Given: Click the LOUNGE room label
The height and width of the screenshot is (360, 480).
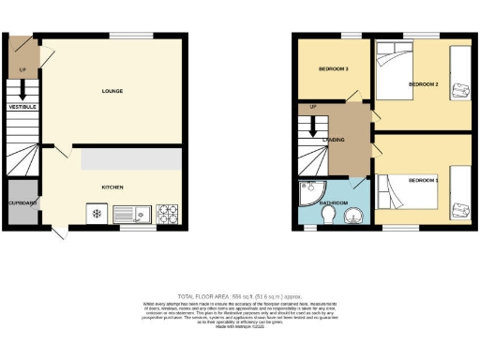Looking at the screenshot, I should pyautogui.click(x=112, y=91).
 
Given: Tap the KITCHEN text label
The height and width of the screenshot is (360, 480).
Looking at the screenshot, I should pyautogui.click(x=112, y=187).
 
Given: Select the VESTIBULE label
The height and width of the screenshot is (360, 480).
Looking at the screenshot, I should pyautogui.click(x=22, y=108).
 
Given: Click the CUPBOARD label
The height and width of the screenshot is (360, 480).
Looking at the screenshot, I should pyautogui.click(x=22, y=202).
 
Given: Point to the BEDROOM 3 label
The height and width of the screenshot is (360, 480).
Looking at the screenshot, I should pyautogui.click(x=333, y=69).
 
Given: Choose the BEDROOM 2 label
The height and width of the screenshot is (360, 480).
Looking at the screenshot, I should pyautogui.click(x=424, y=84).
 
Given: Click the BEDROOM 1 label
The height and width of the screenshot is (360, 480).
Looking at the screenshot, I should pyautogui.click(x=423, y=178).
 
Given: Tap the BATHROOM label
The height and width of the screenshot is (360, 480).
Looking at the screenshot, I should pyautogui.click(x=334, y=202).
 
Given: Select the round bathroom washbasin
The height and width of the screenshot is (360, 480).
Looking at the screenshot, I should pyautogui.click(x=353, y=217).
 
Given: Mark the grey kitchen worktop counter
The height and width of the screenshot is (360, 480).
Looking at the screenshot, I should pyautogui.click(x=131, y=160).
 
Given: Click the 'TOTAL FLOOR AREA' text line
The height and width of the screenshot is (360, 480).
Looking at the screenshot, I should pyautogui.click(x=239, y=294).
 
